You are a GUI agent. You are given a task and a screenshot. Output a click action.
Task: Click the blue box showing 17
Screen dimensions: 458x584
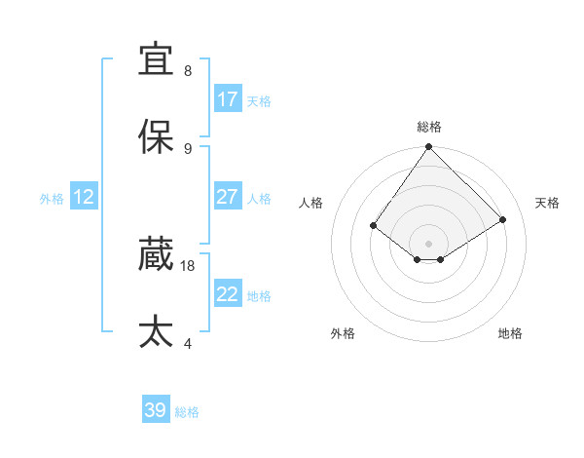[x=228, y=99]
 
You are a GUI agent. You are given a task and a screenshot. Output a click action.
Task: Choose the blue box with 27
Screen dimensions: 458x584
[x=228, y=197]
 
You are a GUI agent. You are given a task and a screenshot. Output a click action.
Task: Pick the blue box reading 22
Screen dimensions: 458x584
[x=228, y=294]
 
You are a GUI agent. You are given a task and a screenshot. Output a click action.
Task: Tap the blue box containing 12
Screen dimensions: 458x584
[x=84, y=197]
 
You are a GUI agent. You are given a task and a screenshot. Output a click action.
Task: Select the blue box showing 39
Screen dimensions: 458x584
[x=156, y=410]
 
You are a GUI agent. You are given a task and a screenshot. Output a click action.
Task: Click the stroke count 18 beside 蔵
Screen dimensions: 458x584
[x=188, y=265]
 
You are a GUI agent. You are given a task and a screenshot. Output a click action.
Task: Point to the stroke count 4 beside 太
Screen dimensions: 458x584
[x=188, y=343]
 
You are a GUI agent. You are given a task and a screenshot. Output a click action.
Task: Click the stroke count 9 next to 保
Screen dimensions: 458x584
[x=188, y=148]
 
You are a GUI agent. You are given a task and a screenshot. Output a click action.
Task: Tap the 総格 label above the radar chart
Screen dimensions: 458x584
[x=429, y=127]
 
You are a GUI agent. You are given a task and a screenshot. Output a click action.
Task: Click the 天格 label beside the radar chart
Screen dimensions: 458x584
[x=547, y=203]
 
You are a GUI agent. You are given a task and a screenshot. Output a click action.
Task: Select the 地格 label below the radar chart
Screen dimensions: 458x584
[x=510, y=333]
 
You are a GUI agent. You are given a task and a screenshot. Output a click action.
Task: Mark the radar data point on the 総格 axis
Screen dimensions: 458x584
[x=429, y=148]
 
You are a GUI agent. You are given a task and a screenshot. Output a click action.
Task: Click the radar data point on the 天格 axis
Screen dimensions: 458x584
[x=503, y=219]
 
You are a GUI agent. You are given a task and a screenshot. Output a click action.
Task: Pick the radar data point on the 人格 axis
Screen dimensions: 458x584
[x=373, y=225]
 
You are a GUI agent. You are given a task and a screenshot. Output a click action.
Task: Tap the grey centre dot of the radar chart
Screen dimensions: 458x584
[x=429, y=243]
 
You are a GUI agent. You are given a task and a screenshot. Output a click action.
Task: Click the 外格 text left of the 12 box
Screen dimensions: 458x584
[x=52, y=198]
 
